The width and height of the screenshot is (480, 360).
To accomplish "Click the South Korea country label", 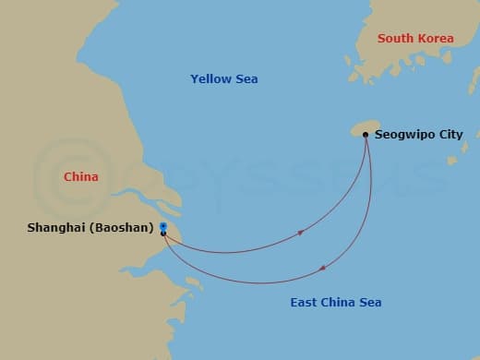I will pos(415,39).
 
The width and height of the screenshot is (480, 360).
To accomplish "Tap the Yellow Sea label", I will pos(224,79).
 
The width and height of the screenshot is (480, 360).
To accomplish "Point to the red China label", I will pos(80,176).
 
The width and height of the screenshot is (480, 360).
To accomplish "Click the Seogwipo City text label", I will pos(418,135).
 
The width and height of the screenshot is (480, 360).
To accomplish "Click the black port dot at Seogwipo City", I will pos(366,136).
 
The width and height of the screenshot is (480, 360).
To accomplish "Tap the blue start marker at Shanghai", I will pos(163,225).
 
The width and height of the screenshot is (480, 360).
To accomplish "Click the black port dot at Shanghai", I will pos(163,234).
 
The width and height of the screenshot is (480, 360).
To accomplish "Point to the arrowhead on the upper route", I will pos(301,232).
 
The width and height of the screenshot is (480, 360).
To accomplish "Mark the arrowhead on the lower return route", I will pos(322,269).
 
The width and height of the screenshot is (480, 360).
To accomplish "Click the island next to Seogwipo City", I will pos(363,128).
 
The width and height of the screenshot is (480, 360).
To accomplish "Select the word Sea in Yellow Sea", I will pos(246,79).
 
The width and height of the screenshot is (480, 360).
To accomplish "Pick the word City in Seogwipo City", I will pos(450,135).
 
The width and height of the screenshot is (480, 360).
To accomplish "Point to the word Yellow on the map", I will pos(210,79).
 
